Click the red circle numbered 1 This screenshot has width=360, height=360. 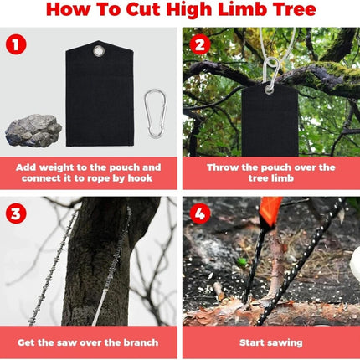pos(16,44)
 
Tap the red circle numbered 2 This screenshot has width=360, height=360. pos(200,44)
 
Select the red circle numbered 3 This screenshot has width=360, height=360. pos(16,213)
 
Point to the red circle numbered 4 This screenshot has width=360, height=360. pos(200,213)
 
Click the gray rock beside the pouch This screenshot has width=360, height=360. pos(33,131)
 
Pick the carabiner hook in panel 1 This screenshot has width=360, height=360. pos(155,114)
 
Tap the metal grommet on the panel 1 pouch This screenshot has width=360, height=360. pos(98,51)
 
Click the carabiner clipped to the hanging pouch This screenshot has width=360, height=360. pos(271,71)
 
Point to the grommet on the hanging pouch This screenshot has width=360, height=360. pos(270,89)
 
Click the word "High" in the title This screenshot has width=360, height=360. pos(188,10)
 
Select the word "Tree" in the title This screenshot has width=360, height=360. pos(295,9)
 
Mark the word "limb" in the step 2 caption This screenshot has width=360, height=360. pos(283,178)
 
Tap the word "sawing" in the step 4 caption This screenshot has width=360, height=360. pos(286,343)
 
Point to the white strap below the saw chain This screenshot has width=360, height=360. pos(100,307)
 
